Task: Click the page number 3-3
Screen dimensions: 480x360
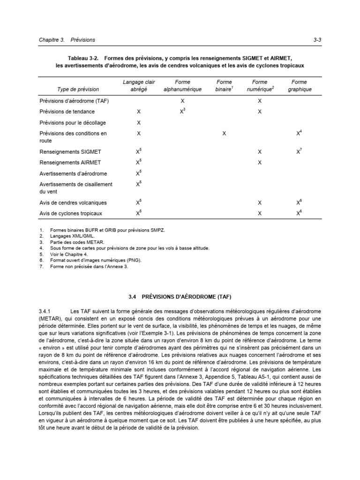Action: pos(317,40)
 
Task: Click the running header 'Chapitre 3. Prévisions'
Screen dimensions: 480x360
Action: pos(67,40)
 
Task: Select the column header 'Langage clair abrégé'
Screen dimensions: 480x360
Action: pos(138,86)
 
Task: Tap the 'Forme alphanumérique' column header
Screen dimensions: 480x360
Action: pos(182,86)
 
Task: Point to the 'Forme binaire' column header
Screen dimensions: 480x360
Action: pos(224,86)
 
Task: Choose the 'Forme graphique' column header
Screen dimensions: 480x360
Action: pos(299,86)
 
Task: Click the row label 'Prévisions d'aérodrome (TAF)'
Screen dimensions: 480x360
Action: pos(73,101)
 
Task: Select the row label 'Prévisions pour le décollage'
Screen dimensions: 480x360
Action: pos(73,123)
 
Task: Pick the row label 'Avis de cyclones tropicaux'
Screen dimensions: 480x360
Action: pos(71,213)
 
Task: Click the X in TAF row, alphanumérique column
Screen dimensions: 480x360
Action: pos(182,101)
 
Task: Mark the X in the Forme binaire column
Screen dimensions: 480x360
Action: pos(224,134)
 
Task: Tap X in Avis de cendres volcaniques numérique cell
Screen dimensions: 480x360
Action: pos(260,203)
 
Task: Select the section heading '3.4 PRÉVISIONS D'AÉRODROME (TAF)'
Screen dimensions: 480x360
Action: pos(180,297)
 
